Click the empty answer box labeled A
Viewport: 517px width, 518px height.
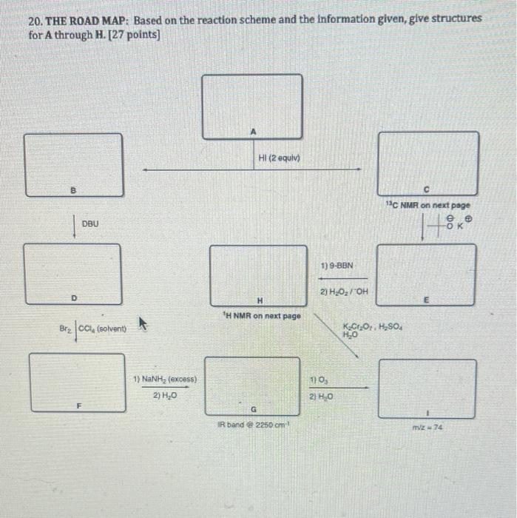[x=252, y=106]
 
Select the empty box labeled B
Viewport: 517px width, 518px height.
[x=73, y=164]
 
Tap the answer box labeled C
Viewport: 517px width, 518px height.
[x=428, y=163]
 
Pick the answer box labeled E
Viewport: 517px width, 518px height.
[x=426, y=272]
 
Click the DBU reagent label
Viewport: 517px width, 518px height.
[x=89, y=223]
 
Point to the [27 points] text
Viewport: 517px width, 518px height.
[x=135, y=34]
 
